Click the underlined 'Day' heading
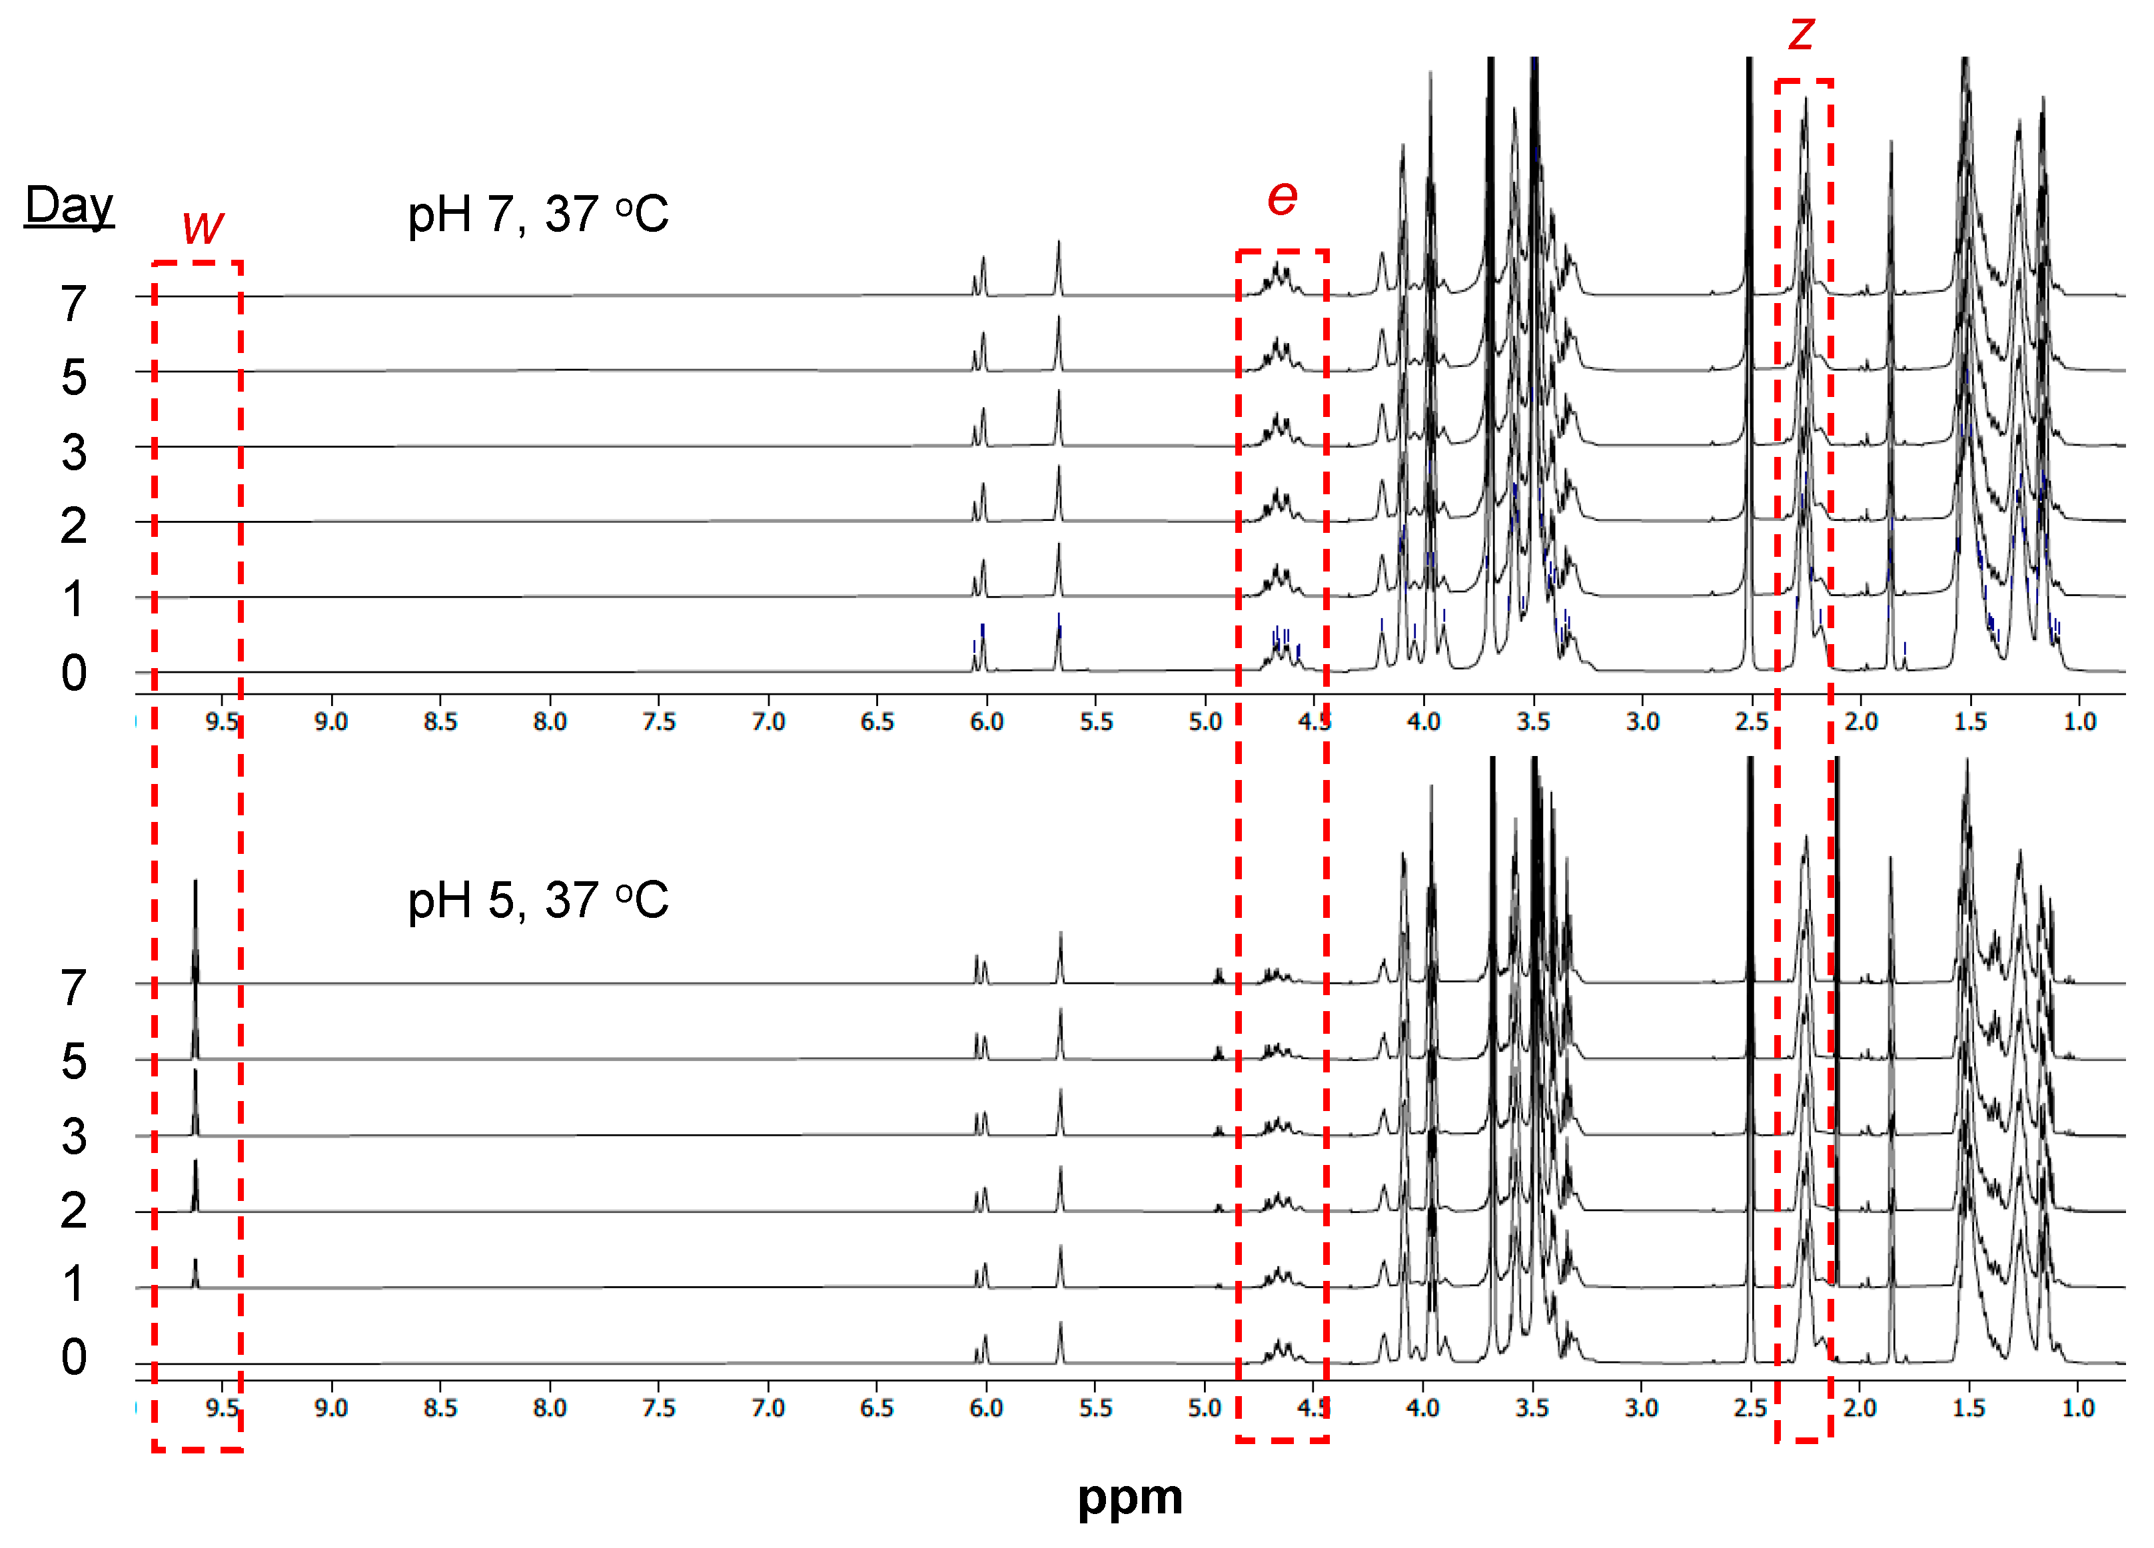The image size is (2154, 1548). (x=69, y=205)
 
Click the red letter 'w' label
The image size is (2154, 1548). (x=203, y=225)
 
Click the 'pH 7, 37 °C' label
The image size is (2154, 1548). (x=538, y=214)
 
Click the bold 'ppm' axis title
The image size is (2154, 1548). (x=1129, y=1497)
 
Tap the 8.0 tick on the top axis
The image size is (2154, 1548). (x=549, y=722)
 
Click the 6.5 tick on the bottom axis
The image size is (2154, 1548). (x=877, y=1407)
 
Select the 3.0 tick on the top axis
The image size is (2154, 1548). (x=1642, y=722)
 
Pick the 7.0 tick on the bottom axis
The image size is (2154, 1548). (x=768, y=1407)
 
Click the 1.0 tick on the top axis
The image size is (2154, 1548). (x=2079, y=722)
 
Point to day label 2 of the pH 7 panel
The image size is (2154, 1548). (x=74, y=526)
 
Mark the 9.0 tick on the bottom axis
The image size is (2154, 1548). (x=330, y=1407)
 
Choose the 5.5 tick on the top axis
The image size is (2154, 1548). (x=1095, y=722)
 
